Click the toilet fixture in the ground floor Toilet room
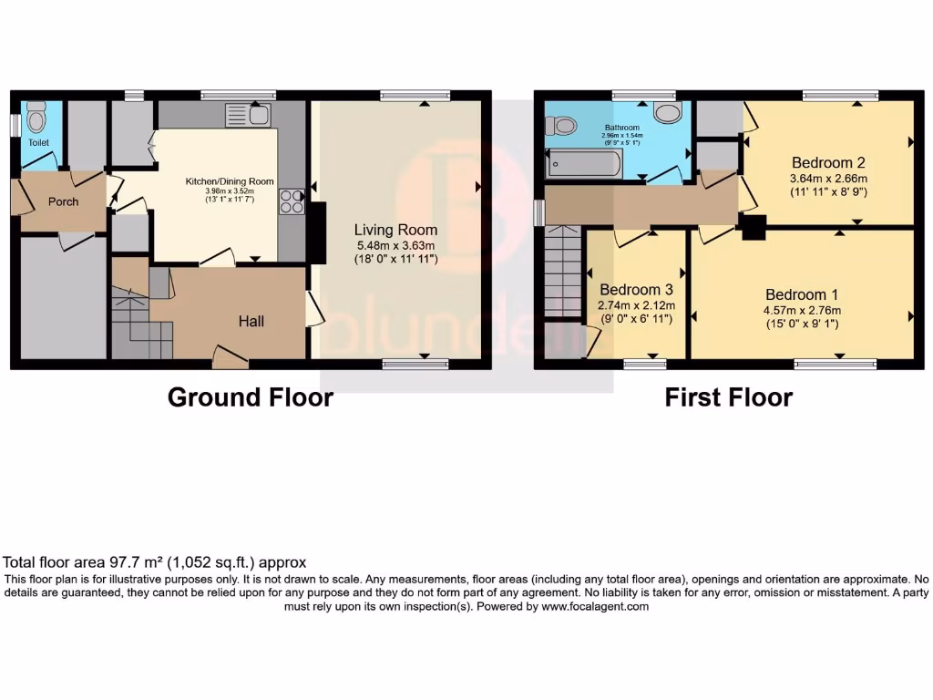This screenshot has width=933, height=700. point(36,118)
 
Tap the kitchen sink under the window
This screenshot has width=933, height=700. point(247,115)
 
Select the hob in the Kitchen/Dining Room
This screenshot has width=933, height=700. point(292,201)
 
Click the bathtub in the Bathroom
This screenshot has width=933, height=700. point(584,165)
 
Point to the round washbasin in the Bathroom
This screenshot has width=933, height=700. point(669,111)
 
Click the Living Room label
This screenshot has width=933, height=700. point(395,230)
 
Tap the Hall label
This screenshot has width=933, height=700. point(251,321)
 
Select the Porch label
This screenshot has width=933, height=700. point(63,201)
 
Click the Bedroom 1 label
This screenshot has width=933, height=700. point(802,294)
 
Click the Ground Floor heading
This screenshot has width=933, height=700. point(250,397)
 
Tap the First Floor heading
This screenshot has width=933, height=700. point(728,397)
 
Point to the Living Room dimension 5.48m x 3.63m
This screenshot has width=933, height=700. point(395,245)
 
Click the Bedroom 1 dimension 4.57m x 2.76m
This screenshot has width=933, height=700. point(802,310)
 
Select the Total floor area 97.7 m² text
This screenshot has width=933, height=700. point(155,562)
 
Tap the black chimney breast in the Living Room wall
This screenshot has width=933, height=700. point(317,232)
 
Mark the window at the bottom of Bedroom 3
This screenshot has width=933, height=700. point(645,365)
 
